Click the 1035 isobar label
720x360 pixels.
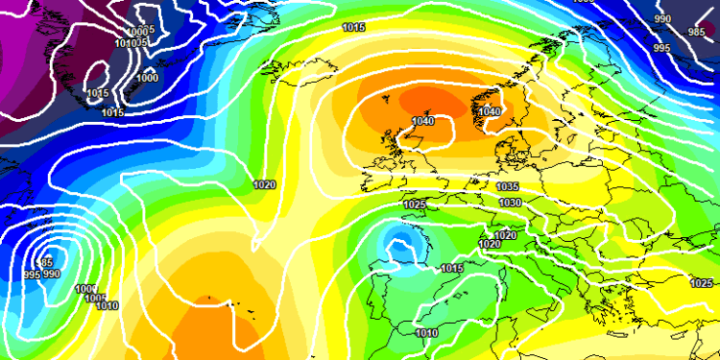509,186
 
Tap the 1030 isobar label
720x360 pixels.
511,203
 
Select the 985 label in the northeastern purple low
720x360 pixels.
696,32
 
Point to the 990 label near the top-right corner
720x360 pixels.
662,19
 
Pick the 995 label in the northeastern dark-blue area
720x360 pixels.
662,48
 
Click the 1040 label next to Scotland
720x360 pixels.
422,121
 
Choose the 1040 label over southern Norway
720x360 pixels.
490,112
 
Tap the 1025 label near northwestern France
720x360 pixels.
415,204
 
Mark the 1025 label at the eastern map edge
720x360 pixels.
702,283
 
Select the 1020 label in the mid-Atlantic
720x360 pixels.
265,184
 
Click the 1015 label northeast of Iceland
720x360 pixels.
353,28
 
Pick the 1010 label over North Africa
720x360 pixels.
428,333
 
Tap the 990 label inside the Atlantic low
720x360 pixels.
53,275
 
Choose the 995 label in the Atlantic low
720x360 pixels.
32,275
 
